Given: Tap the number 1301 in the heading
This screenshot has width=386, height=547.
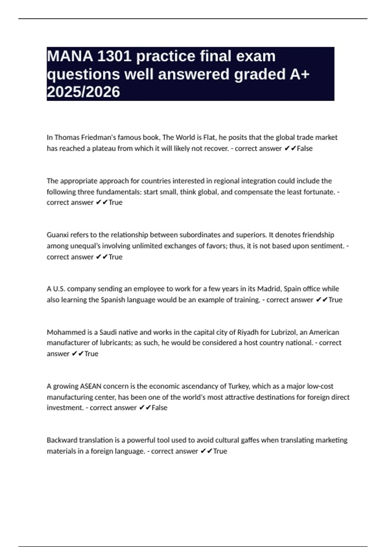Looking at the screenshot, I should click(114, 57).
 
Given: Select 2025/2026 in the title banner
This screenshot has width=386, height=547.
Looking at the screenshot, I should click(83, 92).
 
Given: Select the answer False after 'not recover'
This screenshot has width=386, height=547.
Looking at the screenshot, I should click(305, 148).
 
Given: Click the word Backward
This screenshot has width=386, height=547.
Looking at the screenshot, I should click(62, 440).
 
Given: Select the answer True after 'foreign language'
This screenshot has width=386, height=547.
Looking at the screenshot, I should click(220, 451).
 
